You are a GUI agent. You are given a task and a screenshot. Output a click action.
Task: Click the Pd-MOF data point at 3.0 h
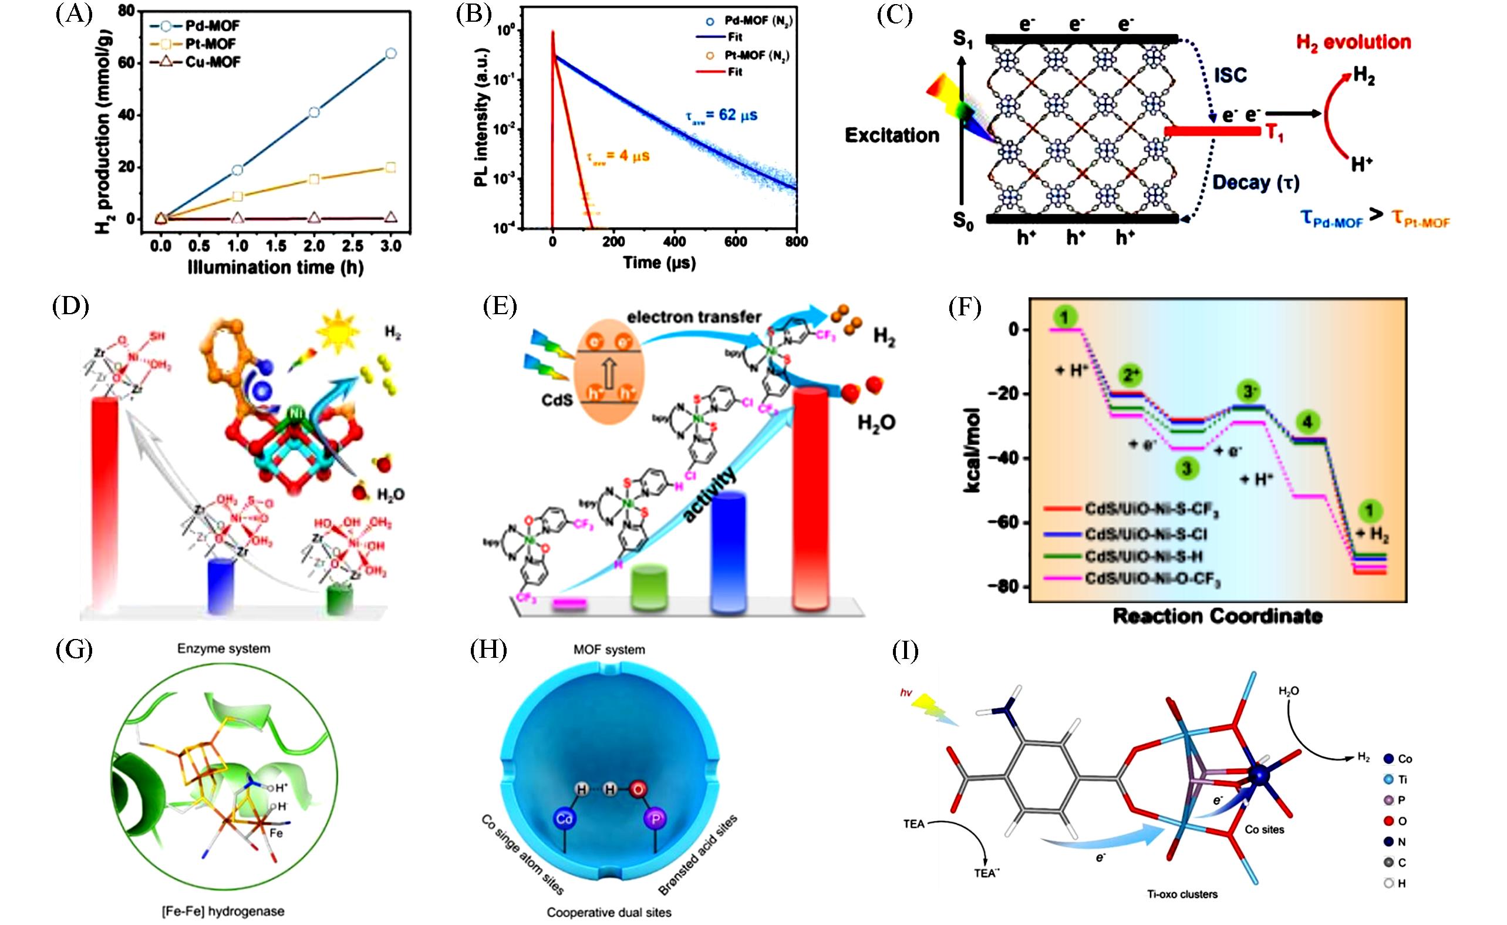[391, 54]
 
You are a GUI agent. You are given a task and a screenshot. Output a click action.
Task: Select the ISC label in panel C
[1230, 75]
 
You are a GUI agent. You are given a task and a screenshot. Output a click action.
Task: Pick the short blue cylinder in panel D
[221, 585]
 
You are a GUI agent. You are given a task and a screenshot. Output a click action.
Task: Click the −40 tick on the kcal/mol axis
[1009, 458]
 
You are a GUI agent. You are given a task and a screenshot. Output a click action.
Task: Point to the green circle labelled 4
[1307, 422]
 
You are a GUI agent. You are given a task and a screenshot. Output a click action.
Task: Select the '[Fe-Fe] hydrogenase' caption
[223, 911]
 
